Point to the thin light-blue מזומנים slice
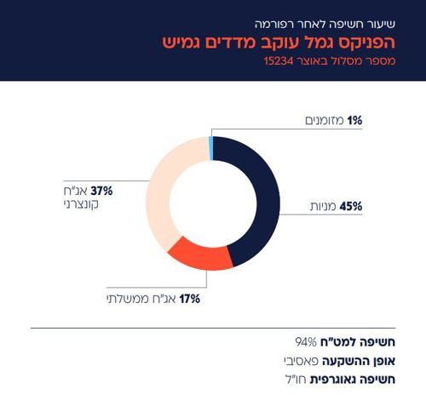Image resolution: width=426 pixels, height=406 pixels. tap(210, 146)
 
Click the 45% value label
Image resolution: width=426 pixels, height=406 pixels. tap(351, 207)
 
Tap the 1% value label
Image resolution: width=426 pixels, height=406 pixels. tap(354, 122)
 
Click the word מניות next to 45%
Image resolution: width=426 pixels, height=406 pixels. tap(324, 207)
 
